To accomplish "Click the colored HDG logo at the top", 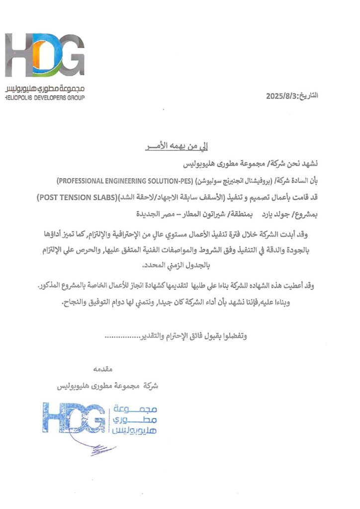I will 45,55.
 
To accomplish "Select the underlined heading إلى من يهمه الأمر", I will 179,148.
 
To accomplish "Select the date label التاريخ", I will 308,95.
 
